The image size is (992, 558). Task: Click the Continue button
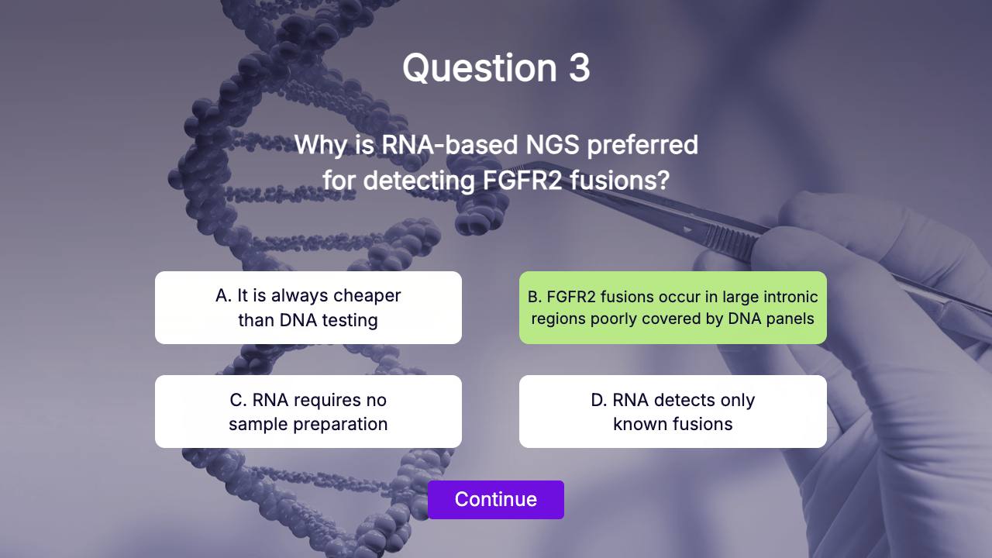(495, 500)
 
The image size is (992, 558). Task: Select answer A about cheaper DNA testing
(308, 308)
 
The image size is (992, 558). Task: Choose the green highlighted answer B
(673, 308)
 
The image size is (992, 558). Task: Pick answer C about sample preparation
(308, 412)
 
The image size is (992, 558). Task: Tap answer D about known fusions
(673, 412)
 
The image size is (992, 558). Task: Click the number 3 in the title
(579, 67)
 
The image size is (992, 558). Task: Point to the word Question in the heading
(480, 69)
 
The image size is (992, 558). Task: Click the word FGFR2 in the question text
(522, 181)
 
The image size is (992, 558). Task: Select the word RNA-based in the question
(449, 144)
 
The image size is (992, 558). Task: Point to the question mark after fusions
(663, 181)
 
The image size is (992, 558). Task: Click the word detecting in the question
(419, 181)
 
